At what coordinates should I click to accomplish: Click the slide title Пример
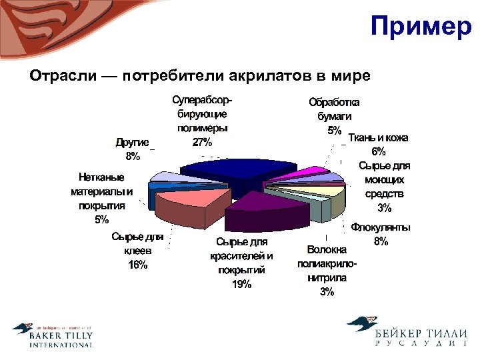point(420,27)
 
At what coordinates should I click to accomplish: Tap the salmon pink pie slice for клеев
point(183,201)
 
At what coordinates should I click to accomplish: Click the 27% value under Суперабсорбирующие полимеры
point(202,142)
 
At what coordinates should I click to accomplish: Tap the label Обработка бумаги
point(333,109)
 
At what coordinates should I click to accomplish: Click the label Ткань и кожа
point(379,138)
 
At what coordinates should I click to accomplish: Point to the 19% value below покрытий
point(241,284)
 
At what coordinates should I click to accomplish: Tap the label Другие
point(132,142)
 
